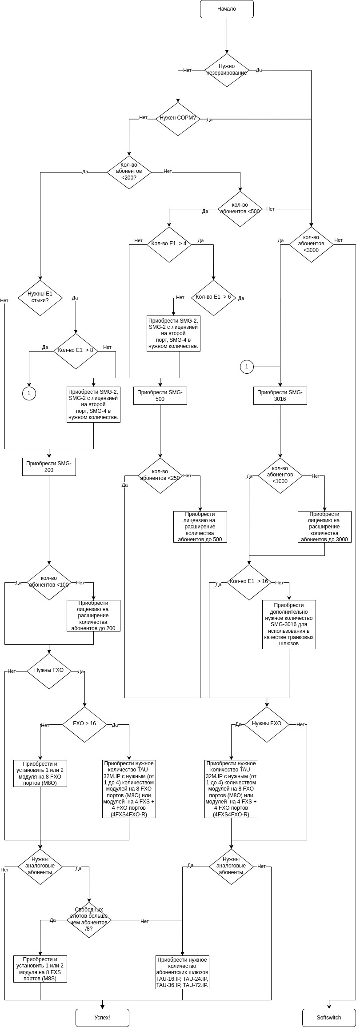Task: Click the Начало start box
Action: [227, 9]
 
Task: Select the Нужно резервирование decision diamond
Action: [227, 70]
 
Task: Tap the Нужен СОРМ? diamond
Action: [178, 119]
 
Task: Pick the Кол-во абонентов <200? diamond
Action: [129, 172]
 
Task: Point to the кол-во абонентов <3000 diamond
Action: [311, 244]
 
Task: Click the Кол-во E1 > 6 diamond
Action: [213, 297]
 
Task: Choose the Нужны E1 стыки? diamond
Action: [40, 297]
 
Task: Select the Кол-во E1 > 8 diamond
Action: [76, 351]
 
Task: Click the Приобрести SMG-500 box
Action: [160, 396]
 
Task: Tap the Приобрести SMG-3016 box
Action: [280, 396]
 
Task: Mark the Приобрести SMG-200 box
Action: [49, 467]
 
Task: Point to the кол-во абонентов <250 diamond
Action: [160, 475]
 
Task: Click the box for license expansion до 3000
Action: [324, 527]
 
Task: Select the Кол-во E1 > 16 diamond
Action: [249, 582]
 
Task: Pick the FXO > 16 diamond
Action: [84, 724]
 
